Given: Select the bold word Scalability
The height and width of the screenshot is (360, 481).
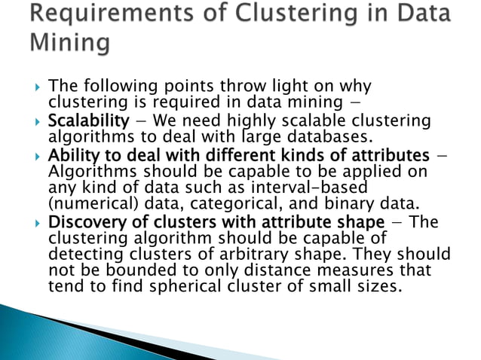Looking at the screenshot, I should pyautogui.click(x=81, y=121).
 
